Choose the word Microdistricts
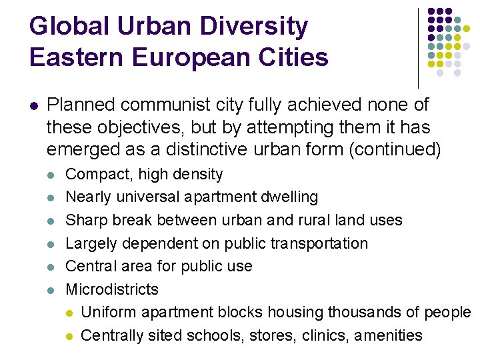point(112,289)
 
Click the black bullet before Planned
point(33,105)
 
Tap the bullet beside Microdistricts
point(52,290)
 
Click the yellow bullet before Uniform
point(70,313)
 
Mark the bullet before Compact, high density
point(52,175)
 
